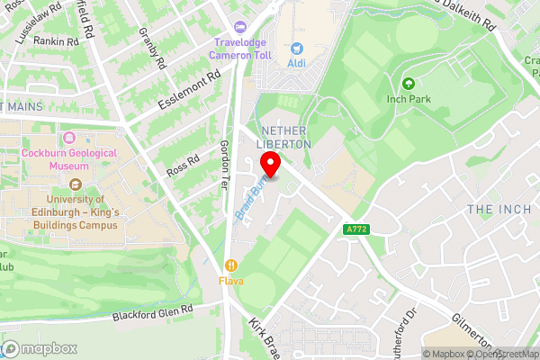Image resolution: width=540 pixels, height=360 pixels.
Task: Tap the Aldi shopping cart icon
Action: (296, 48)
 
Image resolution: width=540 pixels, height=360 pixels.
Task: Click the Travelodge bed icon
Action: (238, 27)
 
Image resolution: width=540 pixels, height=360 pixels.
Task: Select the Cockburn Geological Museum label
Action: (70, 159)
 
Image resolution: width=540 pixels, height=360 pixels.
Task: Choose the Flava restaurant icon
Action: (232, 265)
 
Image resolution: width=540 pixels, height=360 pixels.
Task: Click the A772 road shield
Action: (357, 230)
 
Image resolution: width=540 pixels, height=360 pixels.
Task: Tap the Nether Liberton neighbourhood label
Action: (284, 137)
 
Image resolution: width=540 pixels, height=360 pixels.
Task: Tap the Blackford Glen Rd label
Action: (153, 312)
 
